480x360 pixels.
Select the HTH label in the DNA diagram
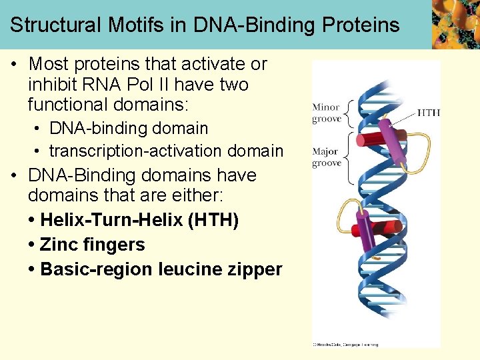(429, 113)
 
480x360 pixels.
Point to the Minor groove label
(326, 113)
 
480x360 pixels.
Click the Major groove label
(326, 157)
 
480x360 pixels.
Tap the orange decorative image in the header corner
(455, 25)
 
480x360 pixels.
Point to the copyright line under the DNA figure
(345, 344)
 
